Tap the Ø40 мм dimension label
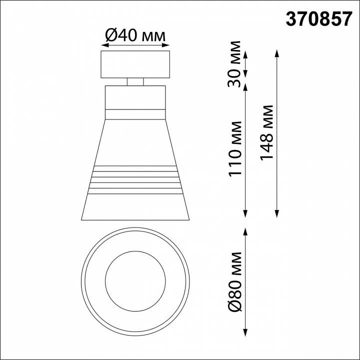(134, 35)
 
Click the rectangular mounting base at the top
(135, 64)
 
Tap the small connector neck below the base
(135, 82)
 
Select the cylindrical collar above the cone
(135, 97)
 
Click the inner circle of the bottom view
(135, 277)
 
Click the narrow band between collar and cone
(135, 113)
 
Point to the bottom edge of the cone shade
(135, 220)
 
